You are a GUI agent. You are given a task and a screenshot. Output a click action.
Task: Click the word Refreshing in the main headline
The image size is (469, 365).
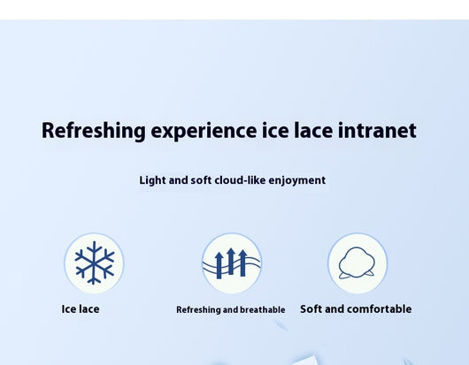(94, 131)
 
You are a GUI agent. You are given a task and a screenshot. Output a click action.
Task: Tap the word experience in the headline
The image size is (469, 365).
(204, 131)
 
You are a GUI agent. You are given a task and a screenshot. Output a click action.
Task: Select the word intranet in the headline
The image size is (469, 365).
(377, 130)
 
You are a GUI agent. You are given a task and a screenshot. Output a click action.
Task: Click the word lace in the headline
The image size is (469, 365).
(313, 130)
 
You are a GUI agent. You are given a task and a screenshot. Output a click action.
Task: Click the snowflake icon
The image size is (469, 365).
(94, 262)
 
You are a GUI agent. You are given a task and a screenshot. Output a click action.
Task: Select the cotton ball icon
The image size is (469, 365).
(357, 262)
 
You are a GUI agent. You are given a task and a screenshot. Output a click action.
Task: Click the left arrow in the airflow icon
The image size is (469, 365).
(219, 265)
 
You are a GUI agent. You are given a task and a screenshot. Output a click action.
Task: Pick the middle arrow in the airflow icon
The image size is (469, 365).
(231, 261)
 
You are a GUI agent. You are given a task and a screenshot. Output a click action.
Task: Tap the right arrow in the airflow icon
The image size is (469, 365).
(242, 262)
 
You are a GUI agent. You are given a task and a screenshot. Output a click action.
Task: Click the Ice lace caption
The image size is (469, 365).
(81, 309)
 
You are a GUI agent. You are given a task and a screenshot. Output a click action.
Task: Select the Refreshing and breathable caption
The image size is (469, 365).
(231, 309)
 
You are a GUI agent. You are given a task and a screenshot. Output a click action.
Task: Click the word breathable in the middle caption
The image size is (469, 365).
(263, 309)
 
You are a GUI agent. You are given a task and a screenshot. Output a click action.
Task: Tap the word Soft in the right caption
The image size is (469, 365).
(311, 309)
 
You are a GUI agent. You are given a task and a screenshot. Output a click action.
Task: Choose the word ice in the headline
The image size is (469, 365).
(275, 130)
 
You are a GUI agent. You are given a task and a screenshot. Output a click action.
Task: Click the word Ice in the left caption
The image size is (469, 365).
(67, 309)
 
